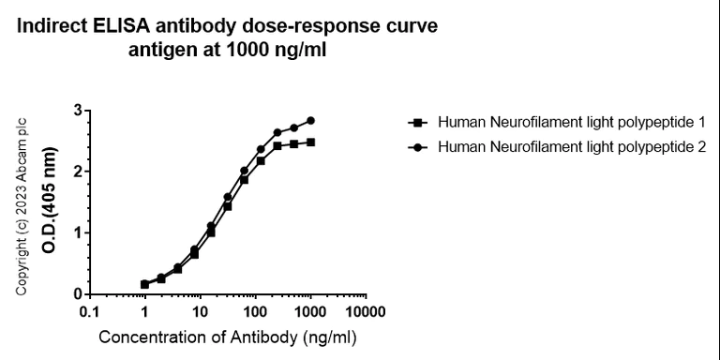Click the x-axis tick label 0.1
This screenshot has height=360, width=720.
pos(90,311)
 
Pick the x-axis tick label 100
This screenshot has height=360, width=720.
pos(254,311)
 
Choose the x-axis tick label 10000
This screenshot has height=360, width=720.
pos(363,311)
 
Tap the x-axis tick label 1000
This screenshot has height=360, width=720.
pos(308,311)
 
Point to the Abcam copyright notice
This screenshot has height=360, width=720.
pos(22,207)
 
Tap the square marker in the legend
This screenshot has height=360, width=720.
pos(416,123)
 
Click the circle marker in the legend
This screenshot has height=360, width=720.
pos(416,146)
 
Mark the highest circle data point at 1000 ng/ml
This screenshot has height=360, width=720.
pos(310,120)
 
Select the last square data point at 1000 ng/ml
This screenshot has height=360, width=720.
pos(310,142)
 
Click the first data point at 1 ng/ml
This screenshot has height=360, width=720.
pos(144,284)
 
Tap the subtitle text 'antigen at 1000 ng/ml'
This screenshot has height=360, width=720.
pos(227,49)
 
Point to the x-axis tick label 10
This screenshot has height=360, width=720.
pos(199,311)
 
